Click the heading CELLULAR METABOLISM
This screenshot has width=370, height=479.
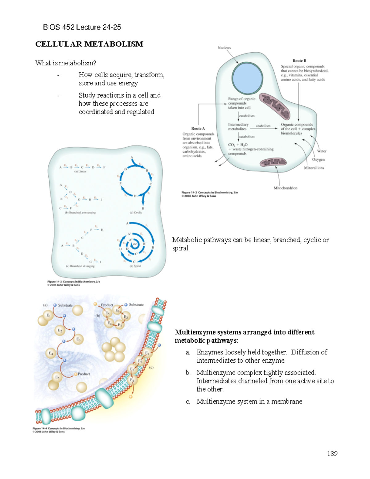89,44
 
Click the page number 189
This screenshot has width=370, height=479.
332,453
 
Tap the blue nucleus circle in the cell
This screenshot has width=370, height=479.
247,78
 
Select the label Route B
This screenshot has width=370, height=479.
299,61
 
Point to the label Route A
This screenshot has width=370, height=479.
198,129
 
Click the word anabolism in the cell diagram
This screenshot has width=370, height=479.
263,126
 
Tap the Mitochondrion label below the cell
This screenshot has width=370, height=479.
286,188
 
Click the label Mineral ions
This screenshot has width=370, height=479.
314,168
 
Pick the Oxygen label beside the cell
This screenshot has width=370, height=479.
318,159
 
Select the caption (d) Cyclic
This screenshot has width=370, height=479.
136,213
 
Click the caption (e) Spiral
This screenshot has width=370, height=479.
135,266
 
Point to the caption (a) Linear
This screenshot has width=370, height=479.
80,171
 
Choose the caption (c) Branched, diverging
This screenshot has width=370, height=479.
80,266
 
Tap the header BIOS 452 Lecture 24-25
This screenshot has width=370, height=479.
82,27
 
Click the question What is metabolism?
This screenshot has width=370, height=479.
66,63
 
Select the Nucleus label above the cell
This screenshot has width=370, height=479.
224,48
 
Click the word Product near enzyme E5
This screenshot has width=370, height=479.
84,374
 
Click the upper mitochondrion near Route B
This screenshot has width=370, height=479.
275,106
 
